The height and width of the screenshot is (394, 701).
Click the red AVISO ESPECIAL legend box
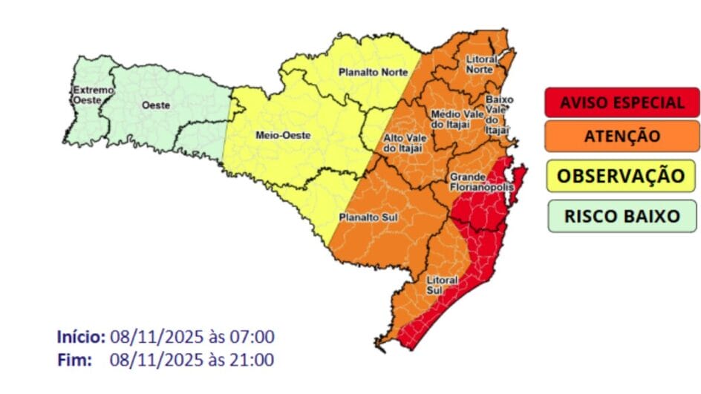pyautogui.click(x=622, y=102)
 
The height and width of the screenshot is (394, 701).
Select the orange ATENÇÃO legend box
pyautogui.click(x=622, y=136)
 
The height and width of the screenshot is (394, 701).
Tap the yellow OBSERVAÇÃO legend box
pyautogui.click(x=622, y=176)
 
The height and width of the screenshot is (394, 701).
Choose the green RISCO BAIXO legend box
pyautogui.click(x=622, y=216)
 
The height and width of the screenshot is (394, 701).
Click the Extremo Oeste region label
pyautogui.click(x=93, y=95)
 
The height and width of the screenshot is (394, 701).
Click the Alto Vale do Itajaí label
pyautogui.click(x=403, y=143)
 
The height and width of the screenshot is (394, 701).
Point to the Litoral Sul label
pyautogui.click(x=440, y=285)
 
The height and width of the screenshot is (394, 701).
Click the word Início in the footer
pyautogui.click(x=81, y=337)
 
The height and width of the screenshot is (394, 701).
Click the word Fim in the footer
pyautogui.click(x=74, y=361)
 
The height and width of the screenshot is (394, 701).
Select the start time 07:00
pyautogui.click(x=251, y=337)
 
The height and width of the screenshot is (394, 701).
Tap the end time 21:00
pyautogui.click(x=251, y=361)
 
